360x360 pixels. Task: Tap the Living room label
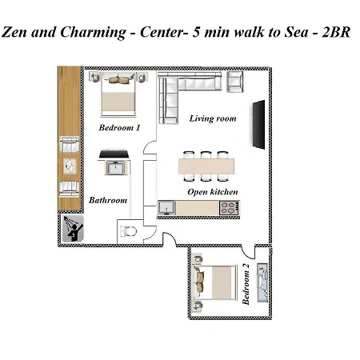coord(213,118)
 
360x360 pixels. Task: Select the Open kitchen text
coord(212,192)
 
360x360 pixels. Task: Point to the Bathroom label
coord(107,200)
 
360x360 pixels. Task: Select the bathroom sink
coord(114,168)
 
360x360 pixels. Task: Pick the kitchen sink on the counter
coord(167,208)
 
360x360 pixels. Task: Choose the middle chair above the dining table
coord(206,154)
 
